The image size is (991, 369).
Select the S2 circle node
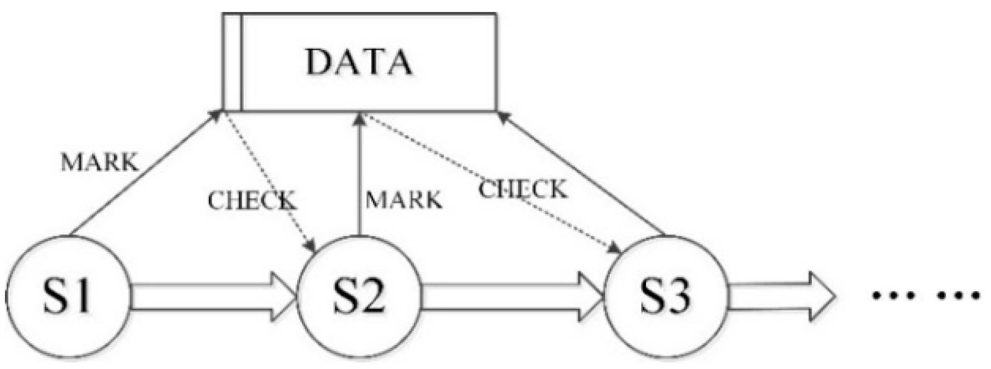[360, 297]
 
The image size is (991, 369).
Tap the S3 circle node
[665, 297]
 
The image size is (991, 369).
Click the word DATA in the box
[360, 62]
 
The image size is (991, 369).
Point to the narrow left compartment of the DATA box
[232, 62]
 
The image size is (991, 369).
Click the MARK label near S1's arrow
[100, 162]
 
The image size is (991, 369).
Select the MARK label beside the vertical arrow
[404, 200]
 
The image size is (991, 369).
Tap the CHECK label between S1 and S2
[252, 200]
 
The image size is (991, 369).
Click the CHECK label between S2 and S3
[522, 189]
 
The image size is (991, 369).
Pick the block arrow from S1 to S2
[212, 297]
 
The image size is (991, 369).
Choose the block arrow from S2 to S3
[511, 297]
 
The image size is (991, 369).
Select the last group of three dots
[958, 296]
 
